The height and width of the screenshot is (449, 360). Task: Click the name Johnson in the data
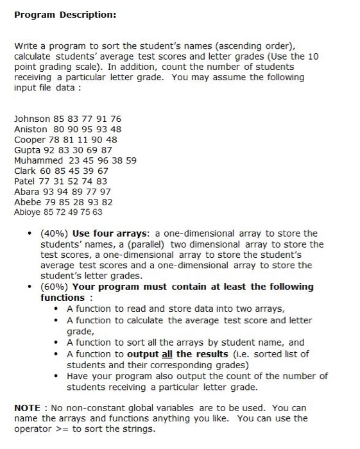(x=31, y=119)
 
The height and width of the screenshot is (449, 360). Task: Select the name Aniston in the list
(x=30, y=129)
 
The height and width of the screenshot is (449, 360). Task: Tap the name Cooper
(x=30, y=139)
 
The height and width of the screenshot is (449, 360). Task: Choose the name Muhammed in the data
(x=39, y=160)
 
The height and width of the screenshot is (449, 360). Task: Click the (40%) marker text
(x=55, y=233)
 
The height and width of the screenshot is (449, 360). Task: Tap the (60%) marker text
(x=55, y=287)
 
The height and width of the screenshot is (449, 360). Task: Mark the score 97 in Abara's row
(x=106, y=191)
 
